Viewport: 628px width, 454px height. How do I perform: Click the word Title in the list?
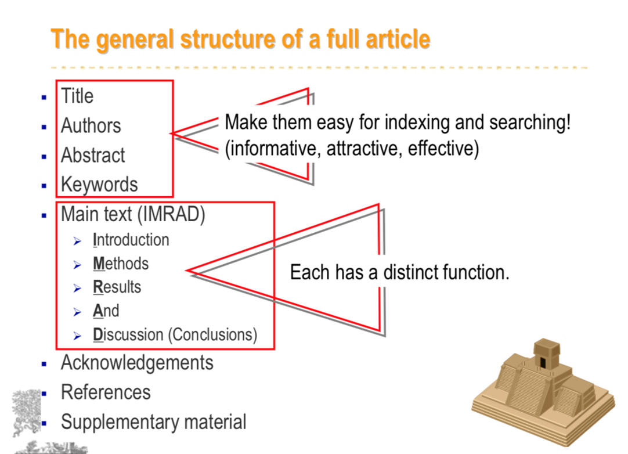[x=77, y=96]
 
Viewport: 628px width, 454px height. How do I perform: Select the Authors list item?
[x=91, y=125]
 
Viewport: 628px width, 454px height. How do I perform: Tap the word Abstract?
[x=93, y=155]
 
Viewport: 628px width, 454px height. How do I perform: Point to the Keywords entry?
[x=99, y=185]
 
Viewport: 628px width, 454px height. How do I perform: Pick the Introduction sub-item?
[x=131, y=240]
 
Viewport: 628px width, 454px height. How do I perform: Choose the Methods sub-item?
[x=121, y=264]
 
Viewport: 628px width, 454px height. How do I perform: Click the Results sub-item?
[x=117, y=287]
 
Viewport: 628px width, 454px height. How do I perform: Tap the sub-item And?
[x=106, y=311]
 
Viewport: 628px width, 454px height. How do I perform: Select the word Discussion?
[x=128, y=335]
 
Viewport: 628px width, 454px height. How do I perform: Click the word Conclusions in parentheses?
[x=212, y=335]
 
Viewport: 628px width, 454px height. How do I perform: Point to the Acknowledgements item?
[x=137, y=363]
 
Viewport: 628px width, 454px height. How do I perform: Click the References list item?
[x=106, y=392]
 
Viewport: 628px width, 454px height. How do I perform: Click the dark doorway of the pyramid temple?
[x=543, y=362]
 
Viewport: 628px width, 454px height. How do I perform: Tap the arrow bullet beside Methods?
[x=78, y=265]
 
